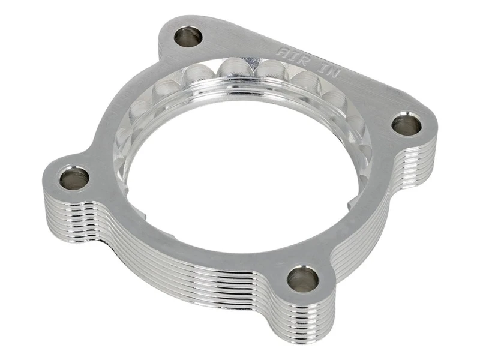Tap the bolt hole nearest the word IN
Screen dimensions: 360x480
(407, 125)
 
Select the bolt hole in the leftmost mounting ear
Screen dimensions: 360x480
(74, 178)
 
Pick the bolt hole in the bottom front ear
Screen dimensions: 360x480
(302, 279)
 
